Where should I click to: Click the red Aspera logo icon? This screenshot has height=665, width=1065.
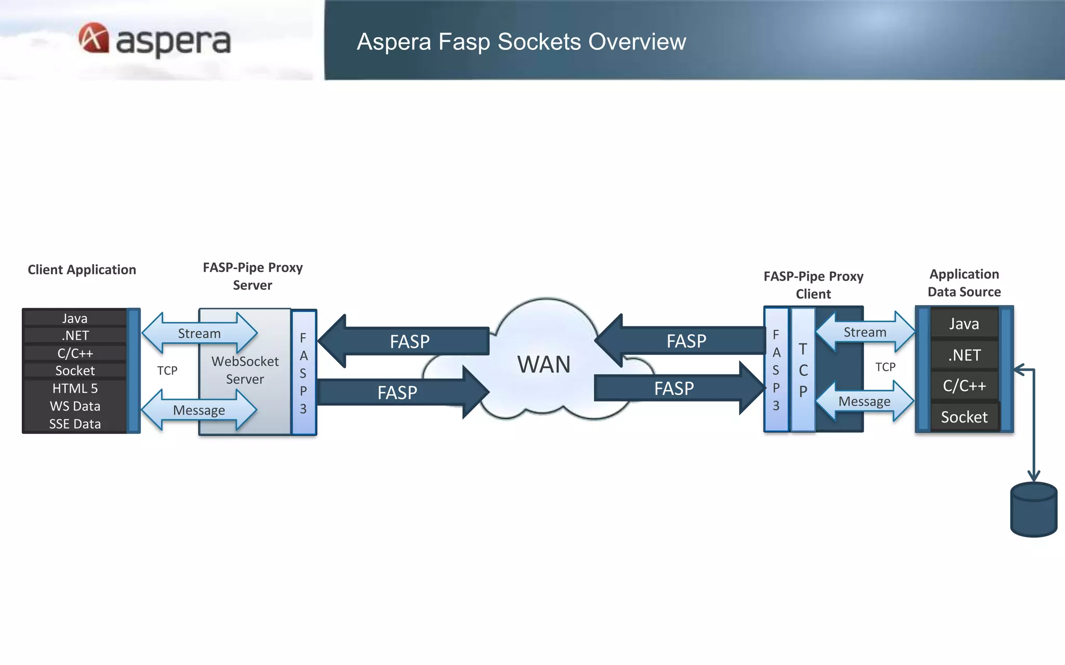[94, 38]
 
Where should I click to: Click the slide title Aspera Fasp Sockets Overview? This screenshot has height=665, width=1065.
[521, 42]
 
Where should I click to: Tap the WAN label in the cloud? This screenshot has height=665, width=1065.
[543, 364]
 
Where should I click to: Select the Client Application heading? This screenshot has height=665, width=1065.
[82, 270]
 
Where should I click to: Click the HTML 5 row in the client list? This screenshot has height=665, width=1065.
[75, 389]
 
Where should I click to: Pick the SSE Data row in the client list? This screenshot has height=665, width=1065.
[75, 424]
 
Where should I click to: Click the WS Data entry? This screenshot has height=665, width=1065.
[75, 406]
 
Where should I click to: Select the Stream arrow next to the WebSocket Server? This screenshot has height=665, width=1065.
[199, 334]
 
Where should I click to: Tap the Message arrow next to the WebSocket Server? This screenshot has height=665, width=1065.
[199, 410]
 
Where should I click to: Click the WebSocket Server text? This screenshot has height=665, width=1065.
[245, 370]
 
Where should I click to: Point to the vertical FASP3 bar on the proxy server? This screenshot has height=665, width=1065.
[304, 373]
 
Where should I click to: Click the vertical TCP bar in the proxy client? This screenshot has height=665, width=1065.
[803, 370]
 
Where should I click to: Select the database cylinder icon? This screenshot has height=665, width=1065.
[1033, 510]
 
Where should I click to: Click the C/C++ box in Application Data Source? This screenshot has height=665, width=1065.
[964, 386]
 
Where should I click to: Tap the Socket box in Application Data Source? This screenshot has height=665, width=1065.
[964, 417]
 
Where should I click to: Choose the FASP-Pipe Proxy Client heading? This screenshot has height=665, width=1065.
[813, 285]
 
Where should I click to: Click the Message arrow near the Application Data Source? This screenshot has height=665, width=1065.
[864, 402]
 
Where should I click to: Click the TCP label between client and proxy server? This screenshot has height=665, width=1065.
[167, 370]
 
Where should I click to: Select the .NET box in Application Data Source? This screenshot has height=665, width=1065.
[964, 355]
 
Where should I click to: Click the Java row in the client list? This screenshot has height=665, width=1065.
[75, 318]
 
